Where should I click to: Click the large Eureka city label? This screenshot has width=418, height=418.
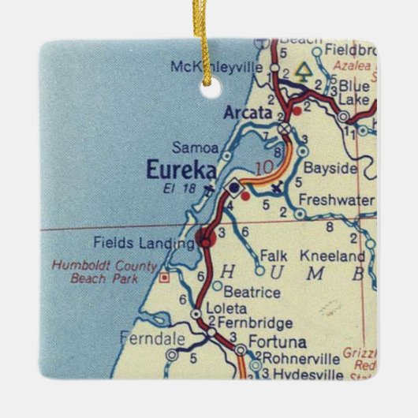coord(176,170)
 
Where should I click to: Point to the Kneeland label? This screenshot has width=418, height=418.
coord(341,256)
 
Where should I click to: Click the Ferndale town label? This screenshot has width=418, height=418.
coord(152,339)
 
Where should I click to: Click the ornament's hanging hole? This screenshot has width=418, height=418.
coord(209,89)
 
